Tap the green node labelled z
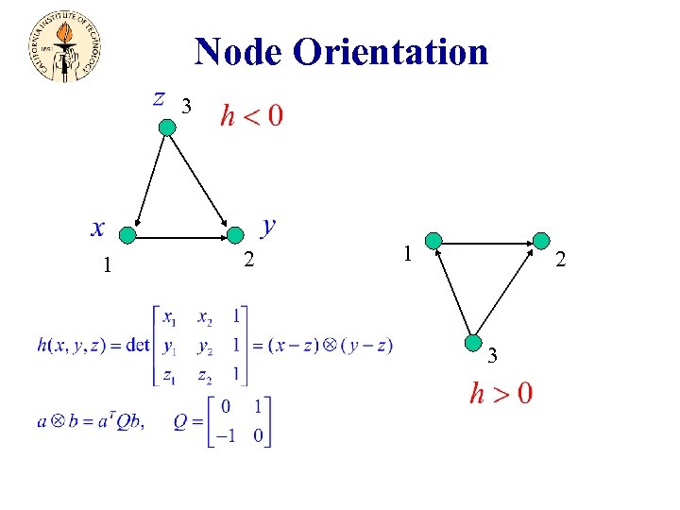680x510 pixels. (x=167, y=127)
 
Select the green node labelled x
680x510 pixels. (x=128, y=233)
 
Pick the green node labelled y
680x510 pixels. (x=234, y=233)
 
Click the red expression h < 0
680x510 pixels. (x=251, y=116)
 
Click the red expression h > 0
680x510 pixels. (x=501, y=392)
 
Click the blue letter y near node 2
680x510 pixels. (x=269, y=225)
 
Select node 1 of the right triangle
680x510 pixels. (x=433, y=241)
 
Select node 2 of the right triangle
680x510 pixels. (x=540, y=241)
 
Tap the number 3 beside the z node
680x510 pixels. (x=187, y=108)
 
